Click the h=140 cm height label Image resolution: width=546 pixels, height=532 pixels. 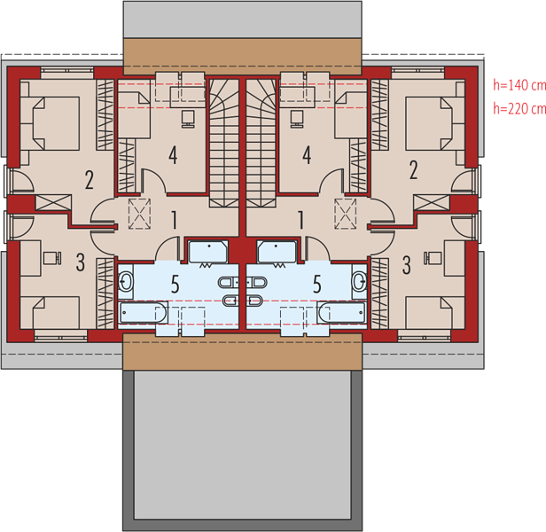(x=519, y=85)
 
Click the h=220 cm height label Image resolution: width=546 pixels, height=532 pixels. (x=519, y=109)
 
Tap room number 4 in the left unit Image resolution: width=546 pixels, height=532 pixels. (x=173, y=155)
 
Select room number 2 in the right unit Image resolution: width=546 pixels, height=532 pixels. (x=413, y=170)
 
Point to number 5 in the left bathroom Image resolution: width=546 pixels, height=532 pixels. (x=175, y=284)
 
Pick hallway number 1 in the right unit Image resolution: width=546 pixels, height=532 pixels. (x=301, y=220)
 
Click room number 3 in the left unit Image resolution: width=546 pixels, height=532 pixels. (x=81, y=262)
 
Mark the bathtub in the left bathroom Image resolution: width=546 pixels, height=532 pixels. (x=143, y=312)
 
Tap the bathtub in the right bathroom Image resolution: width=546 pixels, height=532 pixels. (x=342, y=312)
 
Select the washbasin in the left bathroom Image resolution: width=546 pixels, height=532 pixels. (x=126, y=281)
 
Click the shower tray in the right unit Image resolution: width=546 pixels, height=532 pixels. (x=277, y=252)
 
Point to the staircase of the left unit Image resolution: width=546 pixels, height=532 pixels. (x=224, y=143)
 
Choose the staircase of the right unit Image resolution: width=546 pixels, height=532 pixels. (x=261, y=143)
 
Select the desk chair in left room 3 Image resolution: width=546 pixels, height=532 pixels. (x=52, y=258)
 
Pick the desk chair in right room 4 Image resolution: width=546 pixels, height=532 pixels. (x=296, y=119)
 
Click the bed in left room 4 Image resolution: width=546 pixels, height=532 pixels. (x=134, y=114)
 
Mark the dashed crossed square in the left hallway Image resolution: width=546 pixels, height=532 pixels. (x=139, y=214)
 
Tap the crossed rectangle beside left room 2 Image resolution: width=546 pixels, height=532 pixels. (x=53, y=203)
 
